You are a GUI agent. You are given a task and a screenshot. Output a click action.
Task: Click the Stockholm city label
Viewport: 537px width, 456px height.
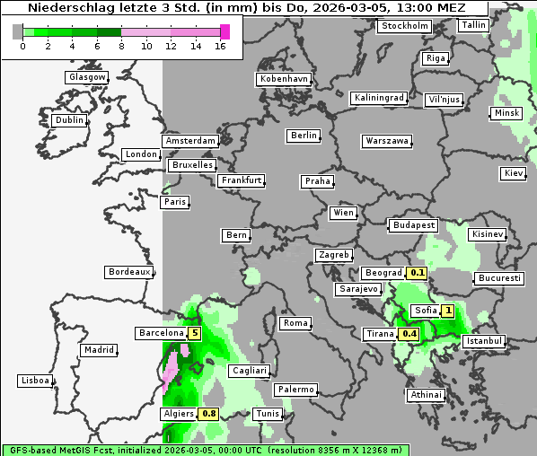point(403,26)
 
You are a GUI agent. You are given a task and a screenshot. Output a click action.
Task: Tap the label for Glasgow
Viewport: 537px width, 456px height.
point(86,77)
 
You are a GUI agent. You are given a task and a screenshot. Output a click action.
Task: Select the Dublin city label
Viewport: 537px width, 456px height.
point(68,120)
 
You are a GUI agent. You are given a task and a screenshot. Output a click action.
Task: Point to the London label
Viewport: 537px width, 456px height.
point(141,154)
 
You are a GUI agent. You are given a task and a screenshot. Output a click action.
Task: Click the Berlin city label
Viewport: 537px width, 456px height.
point(304,136)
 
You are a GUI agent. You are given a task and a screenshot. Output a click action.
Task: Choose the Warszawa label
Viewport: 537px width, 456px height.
point(387,141)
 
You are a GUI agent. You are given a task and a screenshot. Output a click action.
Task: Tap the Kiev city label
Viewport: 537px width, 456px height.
point(514,173)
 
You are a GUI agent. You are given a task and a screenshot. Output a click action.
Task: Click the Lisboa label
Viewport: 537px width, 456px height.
point(35,381)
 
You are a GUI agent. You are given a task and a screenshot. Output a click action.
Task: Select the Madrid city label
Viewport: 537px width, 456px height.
point(99,350)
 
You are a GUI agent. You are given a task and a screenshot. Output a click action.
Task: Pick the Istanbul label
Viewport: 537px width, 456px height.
point(484,342)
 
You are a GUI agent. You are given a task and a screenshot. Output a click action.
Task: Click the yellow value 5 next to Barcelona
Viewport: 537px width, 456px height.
point(194,333)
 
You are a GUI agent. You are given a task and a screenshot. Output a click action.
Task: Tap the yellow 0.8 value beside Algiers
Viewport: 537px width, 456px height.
point(209,414)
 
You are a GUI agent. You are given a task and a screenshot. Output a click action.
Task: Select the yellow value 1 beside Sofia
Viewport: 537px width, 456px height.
point(447,311)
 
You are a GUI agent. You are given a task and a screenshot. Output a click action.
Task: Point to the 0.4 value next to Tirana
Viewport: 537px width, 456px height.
point(409,334)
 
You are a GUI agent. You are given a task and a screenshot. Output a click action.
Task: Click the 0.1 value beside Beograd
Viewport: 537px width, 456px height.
point(417,273)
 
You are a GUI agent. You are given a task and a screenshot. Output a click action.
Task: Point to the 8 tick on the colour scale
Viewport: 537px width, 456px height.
point(120,46)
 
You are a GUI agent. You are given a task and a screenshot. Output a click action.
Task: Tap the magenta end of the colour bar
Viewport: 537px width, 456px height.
point(224,32)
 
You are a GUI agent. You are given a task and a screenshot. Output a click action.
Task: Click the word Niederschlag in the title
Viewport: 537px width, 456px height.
point(62,7)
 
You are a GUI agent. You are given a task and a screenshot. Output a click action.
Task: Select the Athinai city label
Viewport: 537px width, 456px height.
point(426,395)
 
